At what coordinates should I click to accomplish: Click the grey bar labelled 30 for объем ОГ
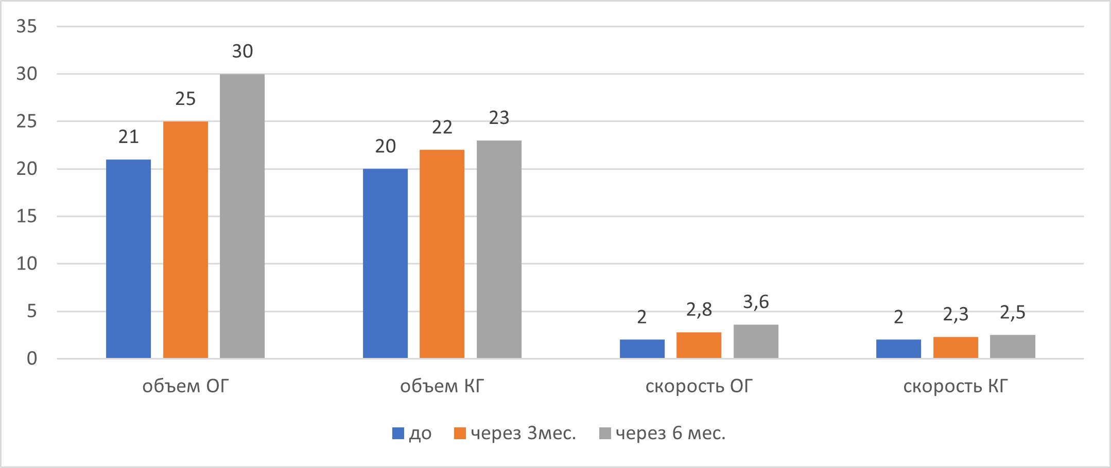coord(242,216)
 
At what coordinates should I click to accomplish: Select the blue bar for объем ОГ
coord(128,259)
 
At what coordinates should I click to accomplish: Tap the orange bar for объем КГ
coord(442,254)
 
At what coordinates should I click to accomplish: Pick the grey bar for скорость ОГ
coord(756,341)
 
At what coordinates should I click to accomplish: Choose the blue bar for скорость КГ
coord(898,349)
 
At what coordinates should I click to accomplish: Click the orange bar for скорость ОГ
coord(699,345)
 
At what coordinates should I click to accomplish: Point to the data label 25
coord(185,99)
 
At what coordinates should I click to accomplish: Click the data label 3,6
coord(756,302)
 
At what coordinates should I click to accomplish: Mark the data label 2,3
coord(956,314)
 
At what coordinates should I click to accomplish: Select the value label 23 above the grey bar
coord(499,118)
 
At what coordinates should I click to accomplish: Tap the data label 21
coord(128,137)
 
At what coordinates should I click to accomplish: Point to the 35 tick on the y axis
coord(27,26)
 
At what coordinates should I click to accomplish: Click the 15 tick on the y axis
coord(27,217)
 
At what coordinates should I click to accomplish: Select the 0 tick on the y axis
coord(32,358)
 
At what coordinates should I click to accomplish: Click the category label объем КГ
coord(442,386)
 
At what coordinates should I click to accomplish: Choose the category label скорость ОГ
coord(699,386)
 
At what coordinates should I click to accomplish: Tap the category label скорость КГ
coord(955,386)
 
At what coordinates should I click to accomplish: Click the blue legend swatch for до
coord(398,434)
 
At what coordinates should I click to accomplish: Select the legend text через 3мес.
coord(523,434)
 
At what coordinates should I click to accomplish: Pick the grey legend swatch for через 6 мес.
coord(605,434)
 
